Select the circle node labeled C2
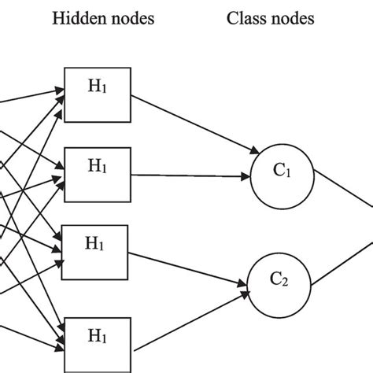[275, 279]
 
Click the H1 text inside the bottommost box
[96, 338]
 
